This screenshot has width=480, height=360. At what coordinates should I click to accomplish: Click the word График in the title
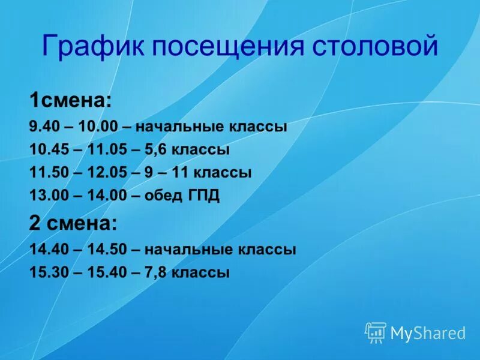click(x=92, y=46)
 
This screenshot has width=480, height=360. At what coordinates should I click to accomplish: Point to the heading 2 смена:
click(x=73, y=223)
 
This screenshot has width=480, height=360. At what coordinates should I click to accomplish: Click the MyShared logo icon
click(x=376, y=332)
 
